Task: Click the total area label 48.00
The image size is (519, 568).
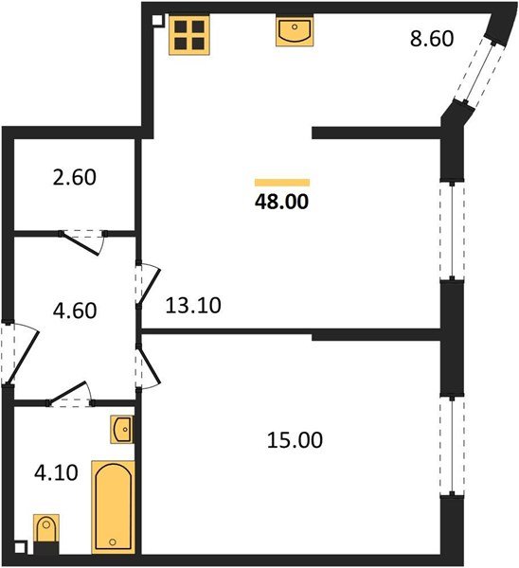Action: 282,201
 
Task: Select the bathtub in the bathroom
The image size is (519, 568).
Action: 112,506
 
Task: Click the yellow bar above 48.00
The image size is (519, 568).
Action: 282,182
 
